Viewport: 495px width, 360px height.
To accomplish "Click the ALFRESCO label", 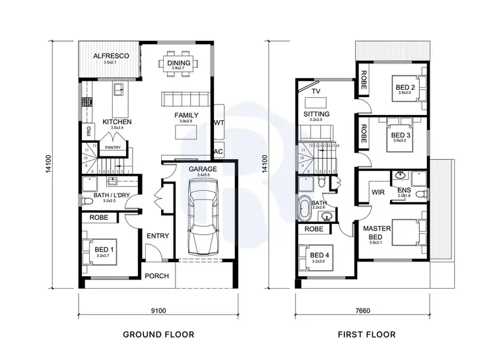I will point(109,56).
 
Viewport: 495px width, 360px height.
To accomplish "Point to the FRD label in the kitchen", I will point(88,131).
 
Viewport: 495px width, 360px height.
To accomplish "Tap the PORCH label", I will point(157,277).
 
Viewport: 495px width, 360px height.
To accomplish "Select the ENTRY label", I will point(158,236).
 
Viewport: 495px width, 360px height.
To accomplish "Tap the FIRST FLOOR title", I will point(367,335).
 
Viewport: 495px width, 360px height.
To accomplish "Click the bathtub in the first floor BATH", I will point(306,208).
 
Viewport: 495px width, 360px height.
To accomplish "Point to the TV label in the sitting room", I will point(315,91).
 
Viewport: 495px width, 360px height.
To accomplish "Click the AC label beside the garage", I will point(218,151).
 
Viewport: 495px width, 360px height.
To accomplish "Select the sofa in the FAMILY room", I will point(185,99).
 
